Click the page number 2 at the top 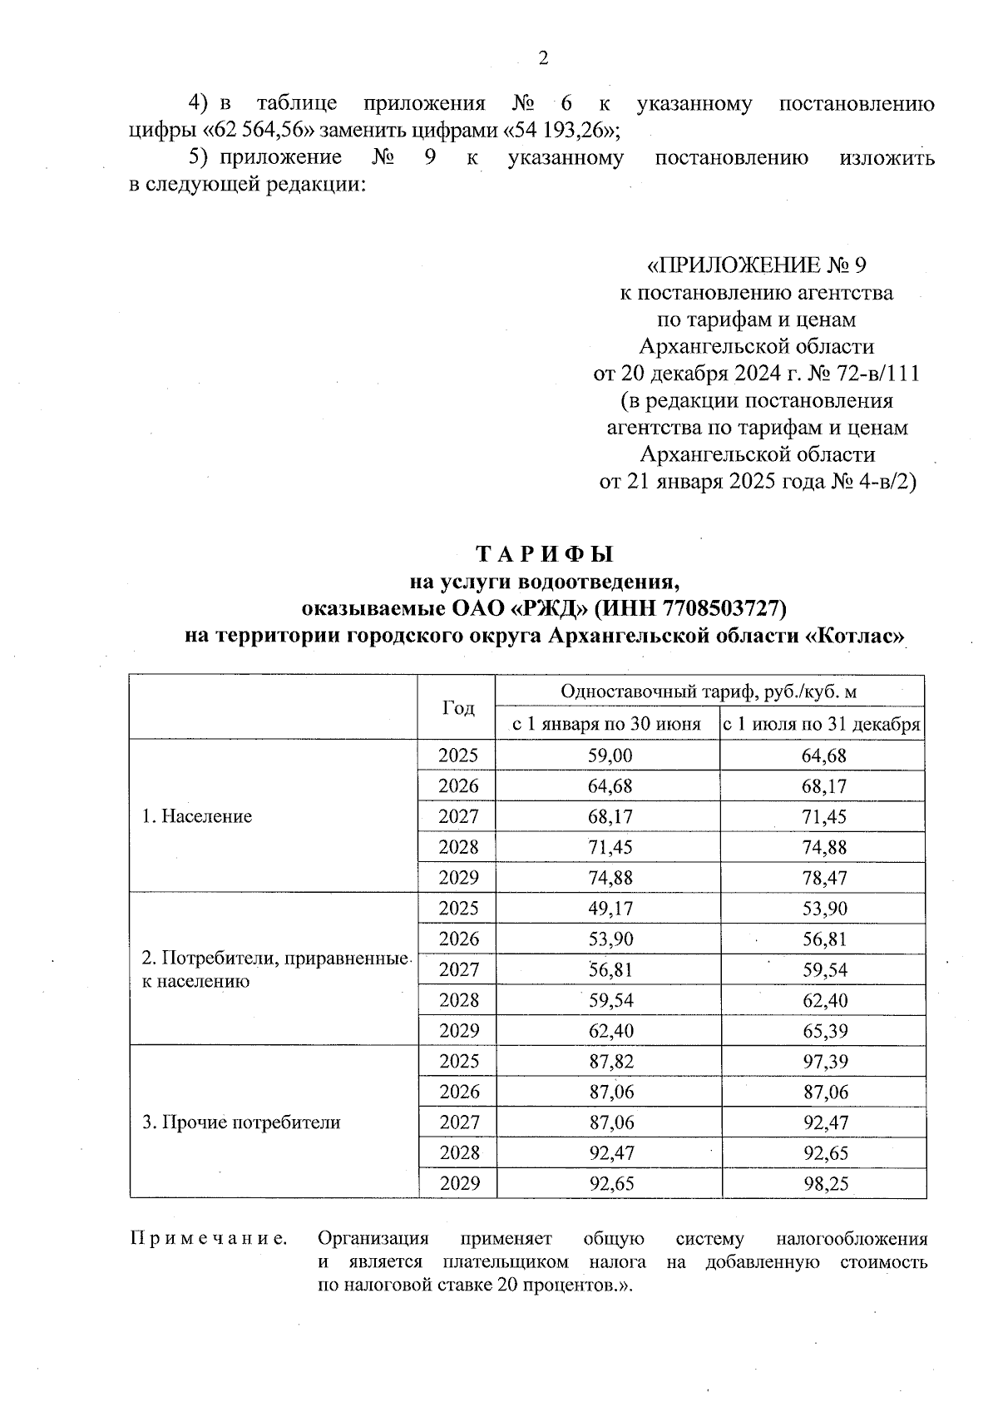pos(544,58)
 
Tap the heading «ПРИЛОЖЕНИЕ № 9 pos(757,265)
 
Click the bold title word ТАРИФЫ pos(544,554)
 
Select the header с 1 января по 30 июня pos(606,724)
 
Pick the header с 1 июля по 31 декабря pos(822,724)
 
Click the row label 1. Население pos(196,816)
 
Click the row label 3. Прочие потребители pos(241,1122)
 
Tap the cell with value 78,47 pos(824,878)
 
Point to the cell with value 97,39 pos(824,1062)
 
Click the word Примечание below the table pos(209,1239)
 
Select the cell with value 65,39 pos(824,1031)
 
